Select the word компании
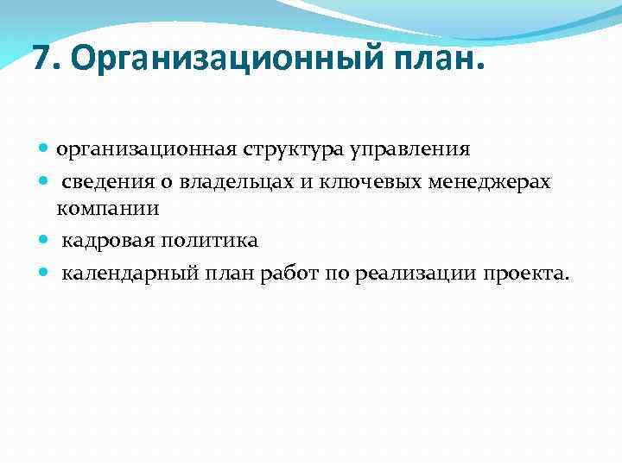point(109,208)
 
